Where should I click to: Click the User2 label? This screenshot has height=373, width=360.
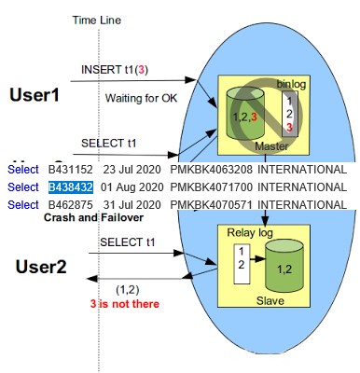(42, 267)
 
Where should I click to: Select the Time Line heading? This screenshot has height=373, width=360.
(97, 20)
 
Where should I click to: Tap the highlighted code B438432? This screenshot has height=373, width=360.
(71, 187)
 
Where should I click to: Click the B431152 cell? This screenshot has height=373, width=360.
(71, 170)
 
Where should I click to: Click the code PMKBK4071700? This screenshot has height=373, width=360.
(211, 187)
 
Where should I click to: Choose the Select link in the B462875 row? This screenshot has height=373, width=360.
(22, 204)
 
